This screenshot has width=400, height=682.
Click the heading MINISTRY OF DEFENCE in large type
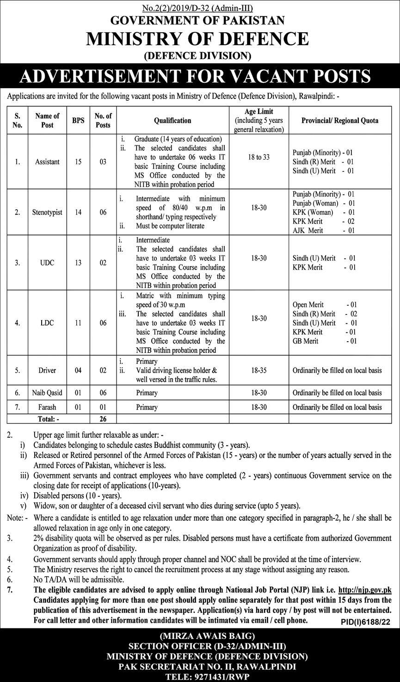[197, 38]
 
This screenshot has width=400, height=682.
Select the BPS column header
[75, 120]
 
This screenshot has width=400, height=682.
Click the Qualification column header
[173, 120]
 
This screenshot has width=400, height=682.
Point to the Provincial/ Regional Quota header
[340, 120]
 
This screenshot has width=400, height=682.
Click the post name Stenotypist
[47, 212]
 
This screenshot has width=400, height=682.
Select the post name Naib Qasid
[47, 393]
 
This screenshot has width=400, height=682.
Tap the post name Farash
[47, 407]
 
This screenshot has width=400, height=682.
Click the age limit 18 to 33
[259, 157]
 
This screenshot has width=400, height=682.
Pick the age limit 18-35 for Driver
[259, 370]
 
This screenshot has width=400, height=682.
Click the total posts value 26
[103, 419]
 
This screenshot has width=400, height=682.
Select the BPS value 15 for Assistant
[75, 162]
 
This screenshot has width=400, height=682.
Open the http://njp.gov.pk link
[365, 590]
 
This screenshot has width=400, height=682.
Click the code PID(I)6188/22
[365, 622]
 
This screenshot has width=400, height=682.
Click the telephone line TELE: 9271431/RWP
[200, 676]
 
